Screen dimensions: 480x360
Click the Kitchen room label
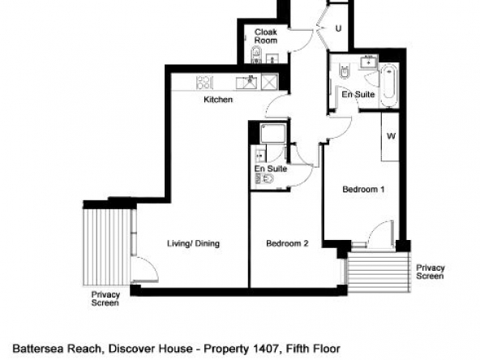218,100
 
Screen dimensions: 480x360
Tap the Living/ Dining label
193,243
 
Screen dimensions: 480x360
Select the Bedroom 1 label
363,189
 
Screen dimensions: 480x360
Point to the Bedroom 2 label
287,243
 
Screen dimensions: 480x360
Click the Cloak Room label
266,36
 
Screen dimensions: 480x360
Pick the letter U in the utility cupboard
338,28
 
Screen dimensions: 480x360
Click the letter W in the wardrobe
391,135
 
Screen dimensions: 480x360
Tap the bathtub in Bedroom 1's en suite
388,85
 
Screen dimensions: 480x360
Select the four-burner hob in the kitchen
204,83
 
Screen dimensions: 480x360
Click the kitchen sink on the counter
246,83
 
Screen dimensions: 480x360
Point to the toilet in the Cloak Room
256,54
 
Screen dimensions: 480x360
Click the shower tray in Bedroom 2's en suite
273,133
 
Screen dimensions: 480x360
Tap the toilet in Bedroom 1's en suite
345,71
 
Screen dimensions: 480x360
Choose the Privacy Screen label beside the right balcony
430,272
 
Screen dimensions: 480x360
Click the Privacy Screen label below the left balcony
105,298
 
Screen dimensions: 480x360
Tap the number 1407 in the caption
266,349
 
